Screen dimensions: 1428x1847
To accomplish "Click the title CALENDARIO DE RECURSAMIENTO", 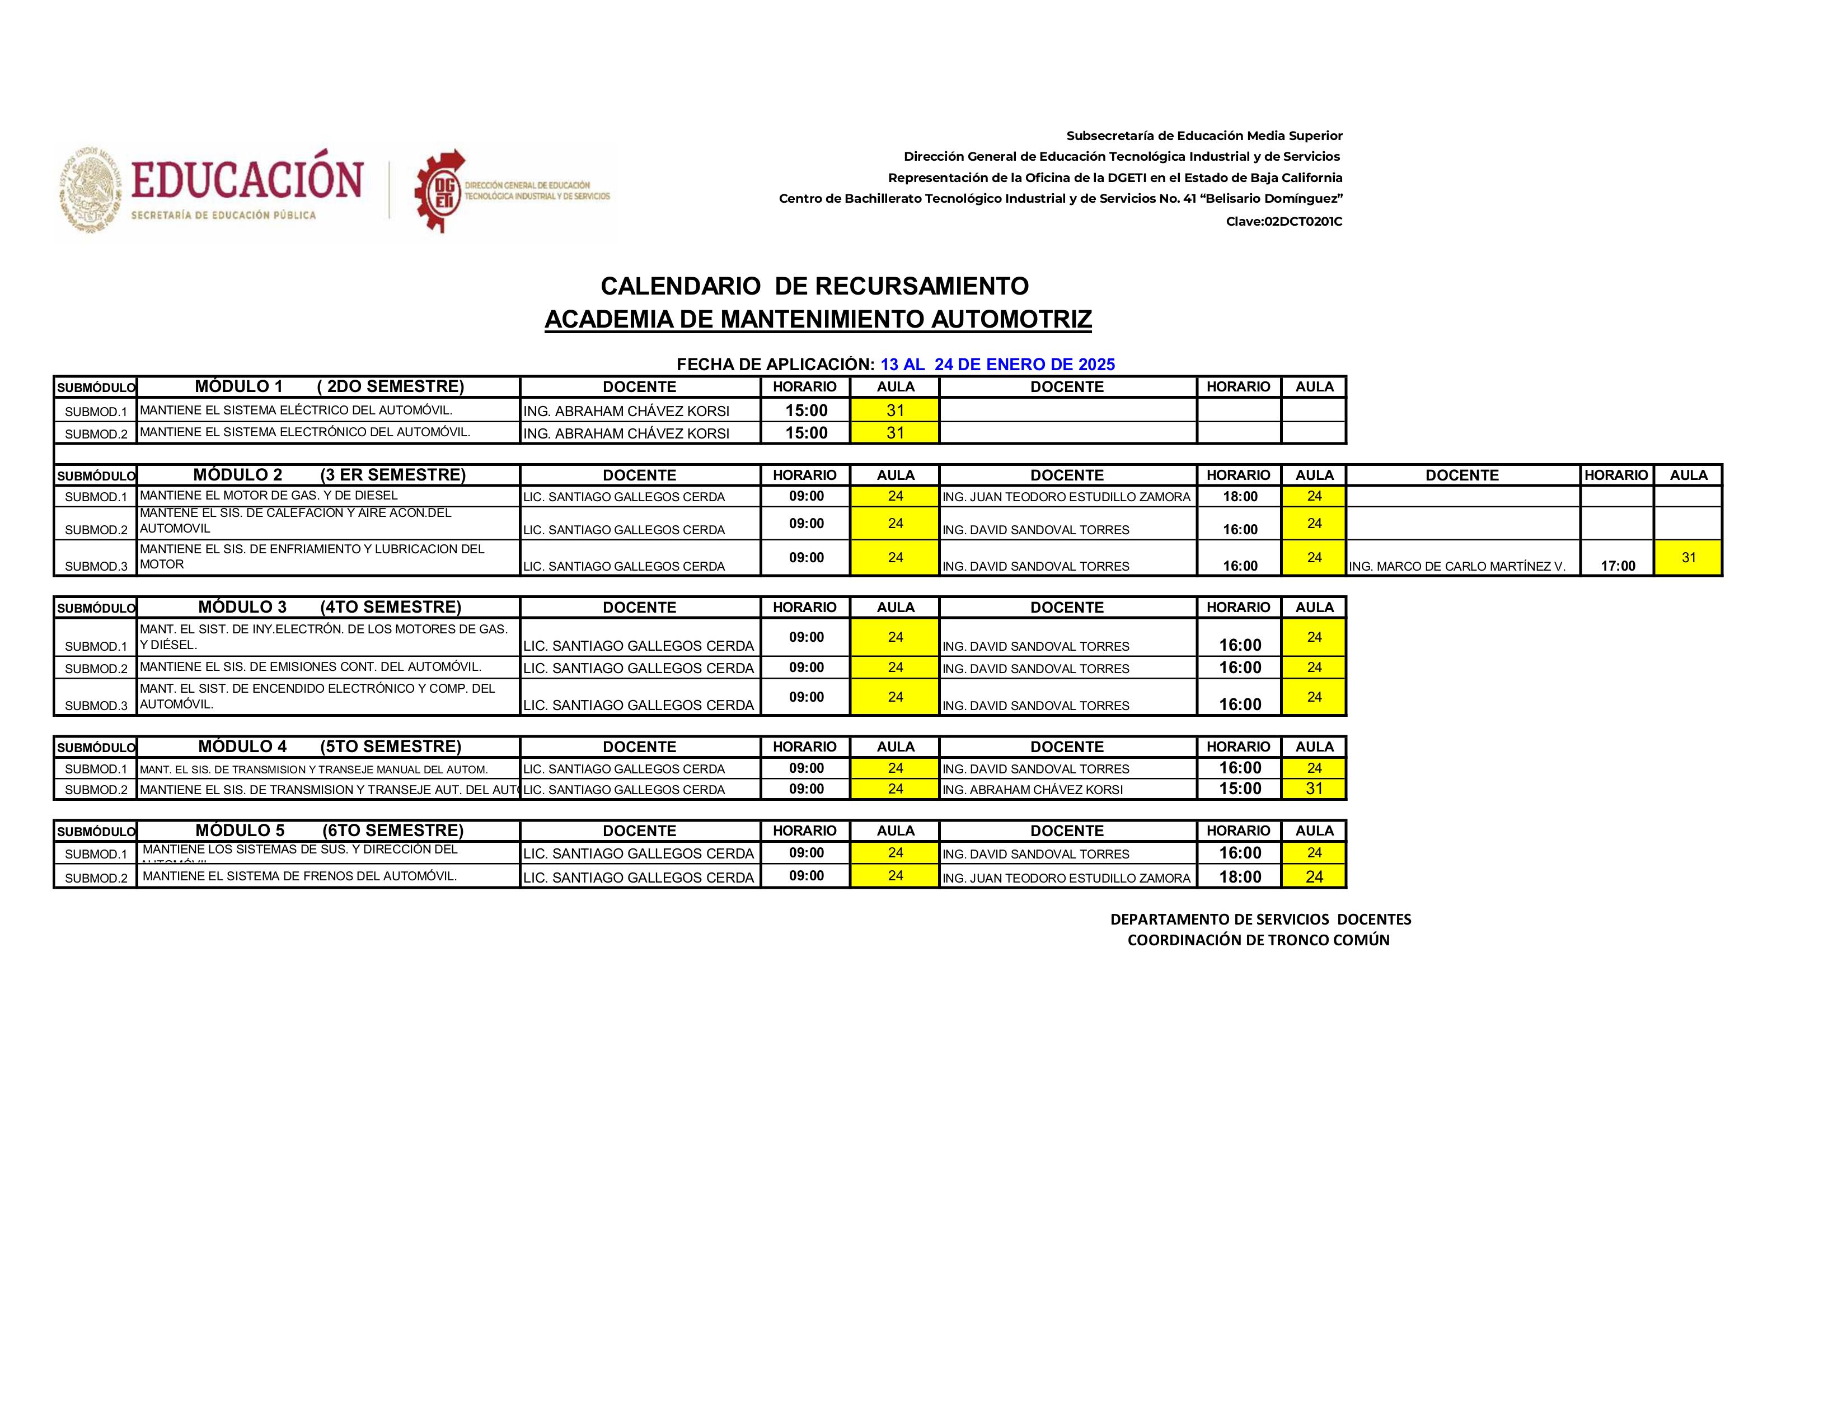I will pos(814,286).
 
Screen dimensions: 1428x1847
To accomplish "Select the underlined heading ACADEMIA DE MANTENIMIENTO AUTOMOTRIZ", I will pos(818,319).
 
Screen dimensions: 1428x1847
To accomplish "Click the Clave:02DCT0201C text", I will pos(1284,222).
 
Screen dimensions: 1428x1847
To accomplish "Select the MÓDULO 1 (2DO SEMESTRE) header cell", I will pos(328,386).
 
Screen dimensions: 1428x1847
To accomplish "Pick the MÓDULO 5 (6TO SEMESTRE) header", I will pos(328,830).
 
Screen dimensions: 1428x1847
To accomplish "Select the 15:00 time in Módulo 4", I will pos(1240,788).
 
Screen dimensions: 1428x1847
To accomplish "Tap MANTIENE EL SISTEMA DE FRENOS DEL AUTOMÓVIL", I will pos(299,876).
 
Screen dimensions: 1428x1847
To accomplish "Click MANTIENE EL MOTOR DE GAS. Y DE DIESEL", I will pos(268,496).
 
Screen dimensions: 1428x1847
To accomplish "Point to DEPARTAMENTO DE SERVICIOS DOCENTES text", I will pos(1260,919).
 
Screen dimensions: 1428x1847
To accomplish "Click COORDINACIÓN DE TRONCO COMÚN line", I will pos(1258,940).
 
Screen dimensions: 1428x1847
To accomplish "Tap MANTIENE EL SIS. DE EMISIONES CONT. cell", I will pos(311,666).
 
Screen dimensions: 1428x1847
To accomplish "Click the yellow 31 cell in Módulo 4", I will pos(1314,788).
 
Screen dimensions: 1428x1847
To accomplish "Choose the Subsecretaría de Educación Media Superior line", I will pos(1203,136).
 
